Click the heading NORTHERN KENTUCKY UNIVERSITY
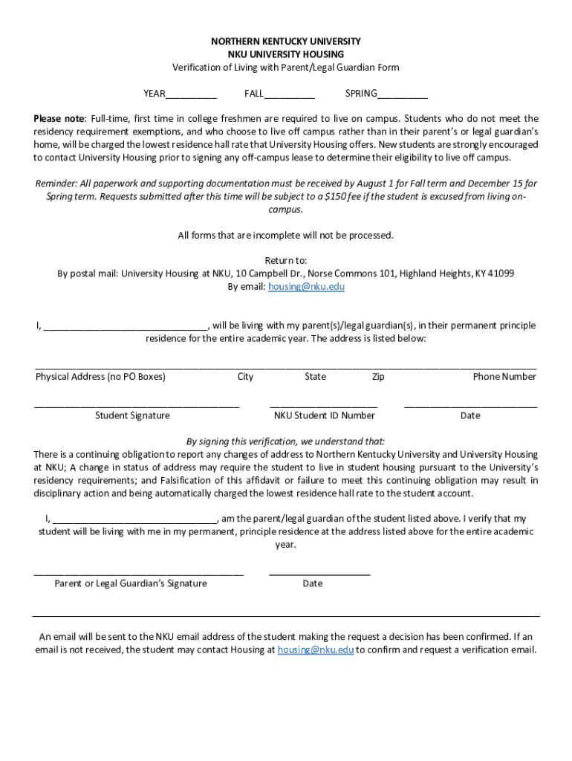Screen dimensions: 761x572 pos(286,42)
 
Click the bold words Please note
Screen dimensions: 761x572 pos(59,119)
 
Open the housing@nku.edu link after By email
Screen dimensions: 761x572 pos(306,287)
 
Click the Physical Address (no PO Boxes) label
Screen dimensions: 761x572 pos(100,377)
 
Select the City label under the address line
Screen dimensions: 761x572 pos(245,377)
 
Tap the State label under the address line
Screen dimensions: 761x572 pos(315,377)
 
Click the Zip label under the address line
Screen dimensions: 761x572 pos(378,377)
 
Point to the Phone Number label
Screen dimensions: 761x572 pos(504,377)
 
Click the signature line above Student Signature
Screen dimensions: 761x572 pos(137,406)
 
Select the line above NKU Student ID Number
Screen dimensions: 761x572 pos(324,406)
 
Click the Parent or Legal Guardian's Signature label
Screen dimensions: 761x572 pos(131,584)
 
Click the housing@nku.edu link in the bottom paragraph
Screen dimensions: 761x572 pos(316,650)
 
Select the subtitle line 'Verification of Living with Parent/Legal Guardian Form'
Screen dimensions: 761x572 pos(286,68)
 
